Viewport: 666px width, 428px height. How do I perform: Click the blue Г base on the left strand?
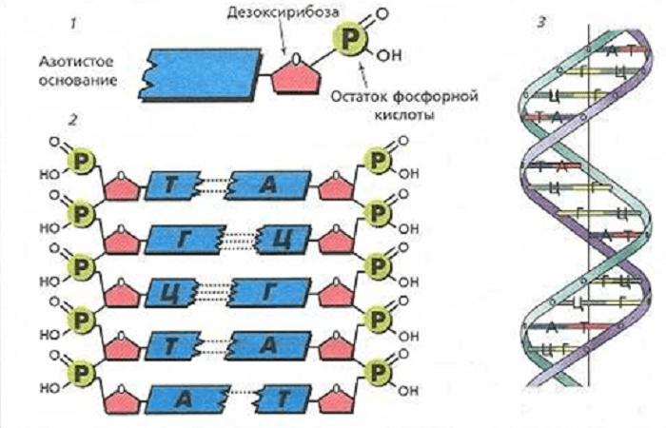[185, 235]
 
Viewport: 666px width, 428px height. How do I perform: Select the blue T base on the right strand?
[284, 394]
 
